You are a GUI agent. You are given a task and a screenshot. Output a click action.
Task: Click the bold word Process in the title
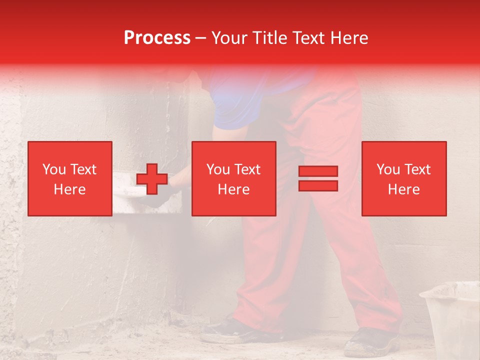157,38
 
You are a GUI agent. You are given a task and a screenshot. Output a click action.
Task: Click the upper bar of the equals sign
318,171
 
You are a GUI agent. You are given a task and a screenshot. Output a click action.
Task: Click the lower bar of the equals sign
318,185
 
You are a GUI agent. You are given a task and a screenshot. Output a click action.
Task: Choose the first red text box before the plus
70,178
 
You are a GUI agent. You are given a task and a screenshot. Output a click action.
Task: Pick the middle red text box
234,178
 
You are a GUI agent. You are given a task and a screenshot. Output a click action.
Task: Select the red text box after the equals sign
404,178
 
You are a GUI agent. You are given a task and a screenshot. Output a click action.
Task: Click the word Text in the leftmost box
83,169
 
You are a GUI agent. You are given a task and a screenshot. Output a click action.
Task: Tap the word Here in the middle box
234,189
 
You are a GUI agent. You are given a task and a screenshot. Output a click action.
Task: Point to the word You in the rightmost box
388,169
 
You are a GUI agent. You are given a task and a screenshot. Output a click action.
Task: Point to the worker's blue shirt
240,100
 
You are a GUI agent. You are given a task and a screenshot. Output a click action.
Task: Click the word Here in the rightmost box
404,189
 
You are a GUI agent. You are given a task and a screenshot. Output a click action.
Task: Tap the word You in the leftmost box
54,169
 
